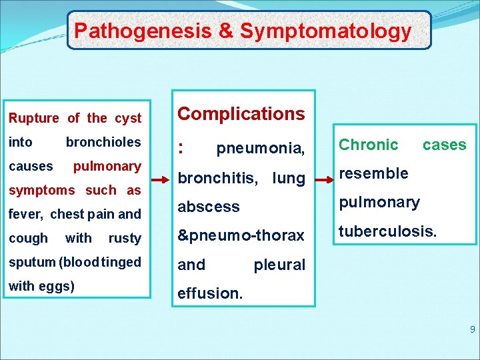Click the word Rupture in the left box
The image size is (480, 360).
tap(33, 119)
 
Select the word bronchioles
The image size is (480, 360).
tap(103, 142)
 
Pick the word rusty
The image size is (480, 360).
tap(125, 238)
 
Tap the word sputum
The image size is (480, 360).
tap(31, 262)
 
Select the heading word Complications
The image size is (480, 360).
tap(241, 114)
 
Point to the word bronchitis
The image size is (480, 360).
tap(217, 178)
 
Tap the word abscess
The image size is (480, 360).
tap(209, 207)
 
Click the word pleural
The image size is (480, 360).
tap(279, 265)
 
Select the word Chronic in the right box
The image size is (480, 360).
tap(369, 145)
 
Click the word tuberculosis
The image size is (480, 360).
tap(388, 231)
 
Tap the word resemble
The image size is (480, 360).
tap(373, 173)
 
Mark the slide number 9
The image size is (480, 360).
tap(472, 329)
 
